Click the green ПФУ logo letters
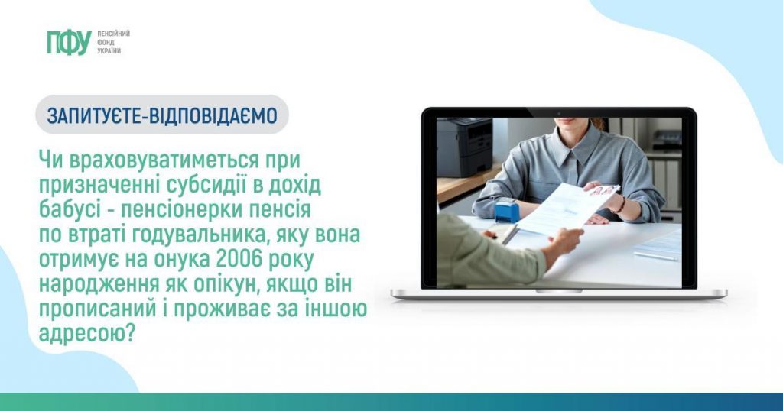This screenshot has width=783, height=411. tap(68, 42)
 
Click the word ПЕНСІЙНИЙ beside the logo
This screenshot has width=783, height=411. tap(113, 34)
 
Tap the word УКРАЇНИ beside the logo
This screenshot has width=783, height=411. tap(109, 50)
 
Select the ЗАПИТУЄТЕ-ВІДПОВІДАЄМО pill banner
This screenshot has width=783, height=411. tap(161, 115)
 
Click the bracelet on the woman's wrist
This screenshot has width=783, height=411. tap(622, 204)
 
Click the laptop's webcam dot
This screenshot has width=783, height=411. tap(559, 113)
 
